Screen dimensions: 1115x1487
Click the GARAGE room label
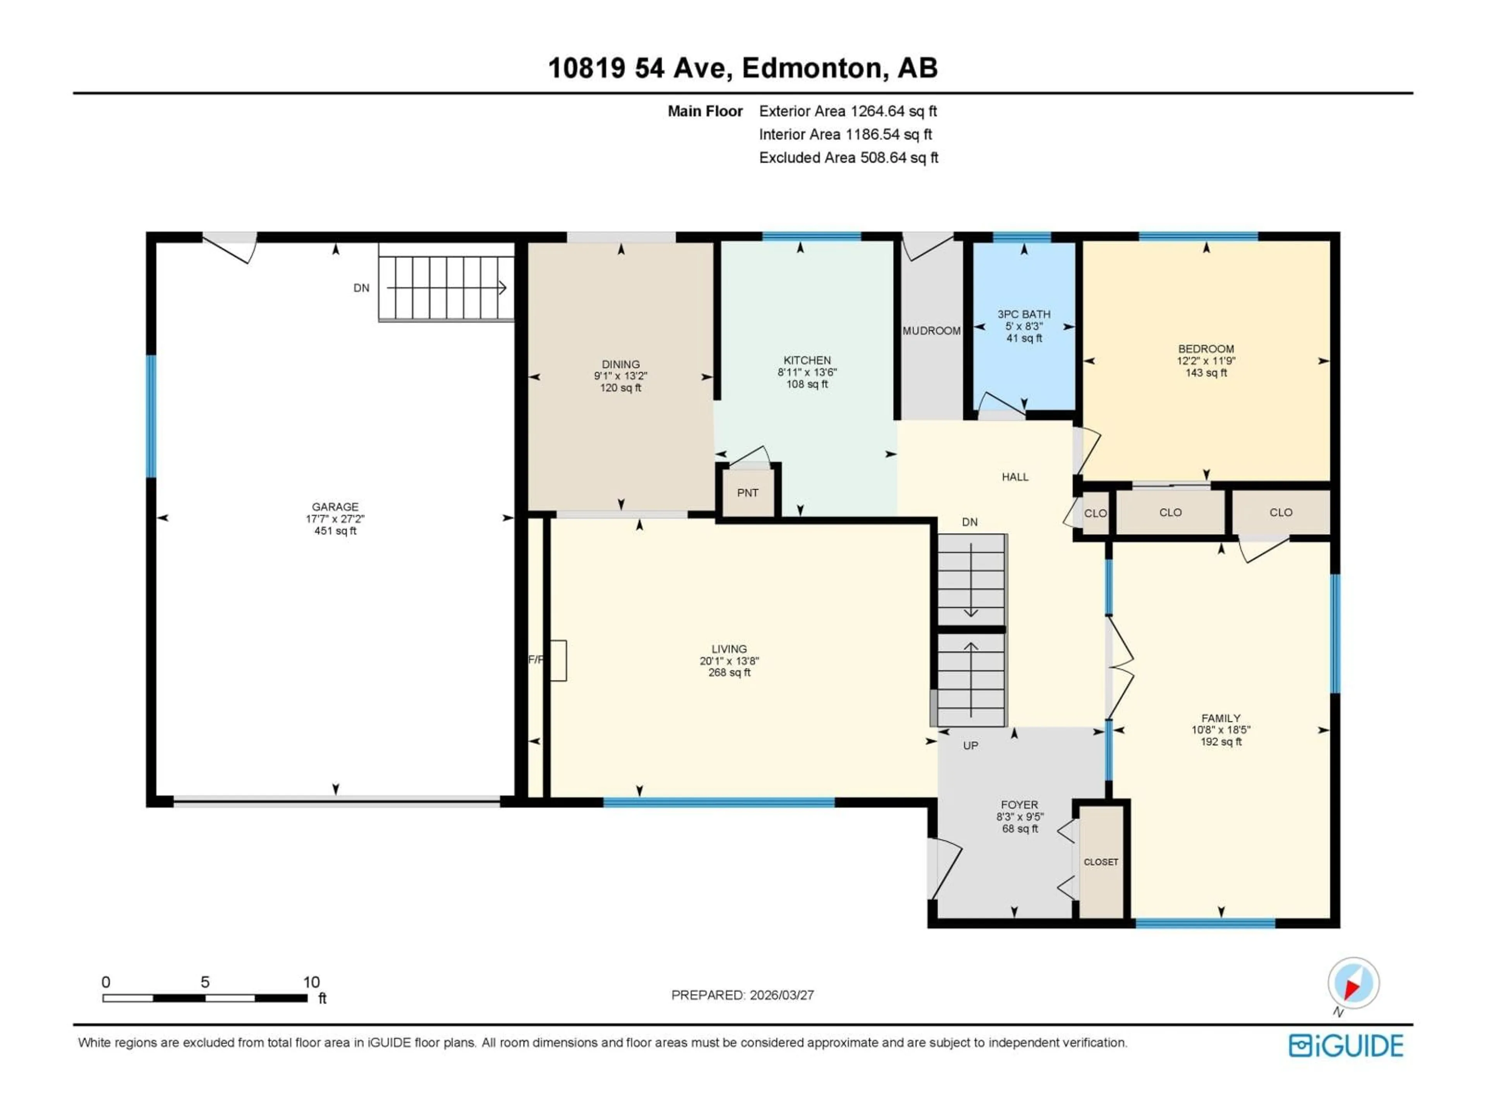click(x=335, y=507)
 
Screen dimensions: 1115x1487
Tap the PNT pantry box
click(x=747, y=492)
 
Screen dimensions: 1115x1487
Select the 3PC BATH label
click(x=1023, y=314)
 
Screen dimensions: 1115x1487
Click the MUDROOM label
click(x=931, y=331)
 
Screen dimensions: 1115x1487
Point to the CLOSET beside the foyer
click(x=1101, y=862)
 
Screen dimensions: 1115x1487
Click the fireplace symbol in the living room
click(x=558, y=660)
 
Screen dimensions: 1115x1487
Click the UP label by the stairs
click(x=970, y=745)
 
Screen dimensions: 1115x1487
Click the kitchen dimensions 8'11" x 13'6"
click(x=807, y=372)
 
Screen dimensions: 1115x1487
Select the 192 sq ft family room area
click(x=1221, y=742)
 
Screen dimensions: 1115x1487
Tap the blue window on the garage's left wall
click(x=152, y=416)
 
